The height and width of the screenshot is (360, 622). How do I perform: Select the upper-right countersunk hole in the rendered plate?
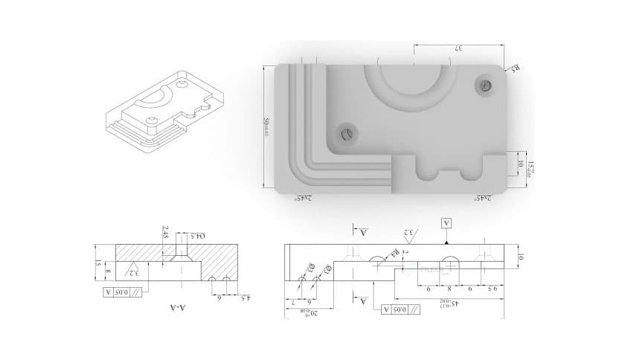pyautogui.click(x=487, y=86)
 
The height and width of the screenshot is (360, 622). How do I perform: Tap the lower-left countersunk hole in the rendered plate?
pyautogui.click(x=346, y=134)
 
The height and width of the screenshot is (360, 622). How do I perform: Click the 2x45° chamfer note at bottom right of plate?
pyautogui.click(x=484, y=199)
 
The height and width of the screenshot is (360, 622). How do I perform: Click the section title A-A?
pyautogui.click(x=176, y=306)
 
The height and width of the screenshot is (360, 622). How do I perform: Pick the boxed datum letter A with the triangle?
pyautogui.click(x=446, y=223)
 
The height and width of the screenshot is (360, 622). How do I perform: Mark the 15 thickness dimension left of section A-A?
pyautogui.click(x=97, y=263)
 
